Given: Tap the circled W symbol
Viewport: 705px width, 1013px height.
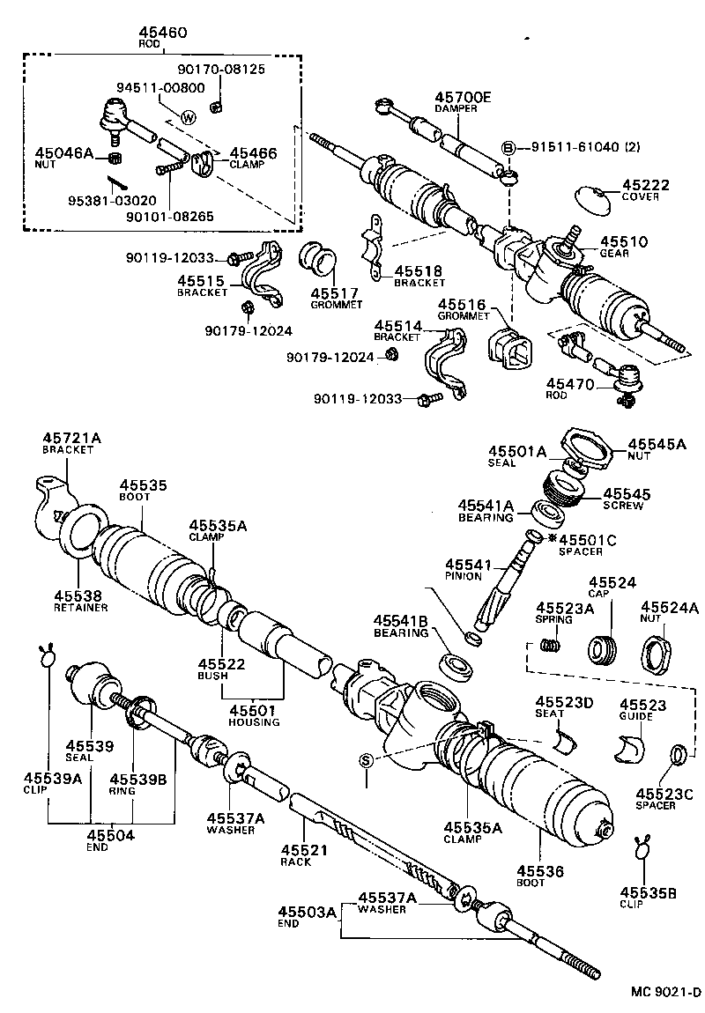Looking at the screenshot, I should tap(188, 118).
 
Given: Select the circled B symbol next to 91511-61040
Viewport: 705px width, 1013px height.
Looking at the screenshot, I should tap(508, 148).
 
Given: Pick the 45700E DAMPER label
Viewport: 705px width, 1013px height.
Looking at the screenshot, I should tap(461, 102).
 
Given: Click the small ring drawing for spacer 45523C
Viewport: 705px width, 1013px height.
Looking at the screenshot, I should tap(678, 754).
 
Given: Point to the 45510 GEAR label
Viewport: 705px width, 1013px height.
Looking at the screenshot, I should tap(624, 246).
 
